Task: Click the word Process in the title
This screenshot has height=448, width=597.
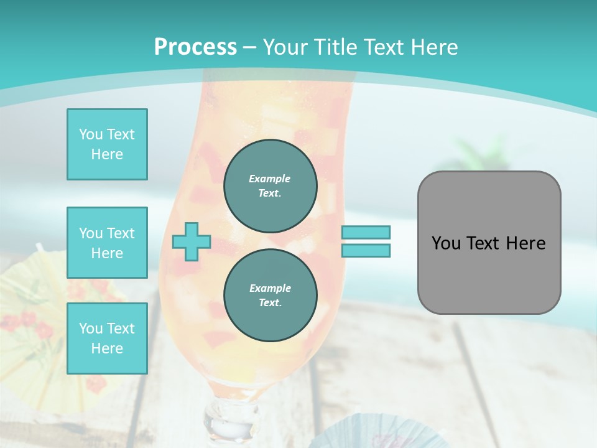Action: pos(195,47)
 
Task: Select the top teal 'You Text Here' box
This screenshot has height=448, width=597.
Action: pos(107,144)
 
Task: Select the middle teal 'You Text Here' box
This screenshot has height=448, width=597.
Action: pos(107,243)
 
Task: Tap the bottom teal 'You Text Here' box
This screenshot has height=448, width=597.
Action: pos(107,338)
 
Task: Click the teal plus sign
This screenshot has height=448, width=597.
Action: pos(192,241)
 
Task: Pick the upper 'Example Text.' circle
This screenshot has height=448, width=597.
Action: pos(270,185)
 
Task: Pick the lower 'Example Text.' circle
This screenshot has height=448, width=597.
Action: pos(270,295)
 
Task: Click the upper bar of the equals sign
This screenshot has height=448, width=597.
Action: pos(366,233)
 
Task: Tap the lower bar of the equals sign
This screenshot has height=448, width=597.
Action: pos(366,251)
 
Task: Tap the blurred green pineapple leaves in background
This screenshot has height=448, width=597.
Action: pos(479,152)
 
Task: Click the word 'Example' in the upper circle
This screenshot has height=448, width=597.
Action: pos(270,179)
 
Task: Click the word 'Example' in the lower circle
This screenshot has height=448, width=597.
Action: pos(270,288)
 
